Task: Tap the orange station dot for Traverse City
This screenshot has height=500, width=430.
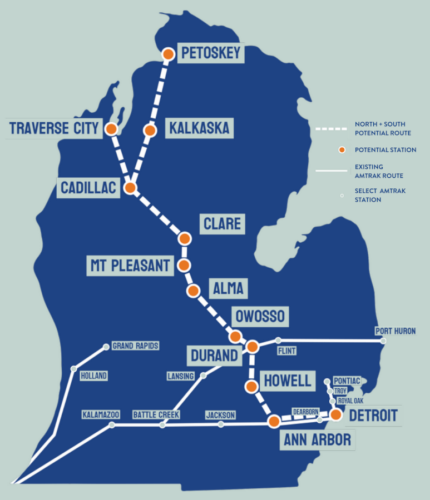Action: [x=111, y=129]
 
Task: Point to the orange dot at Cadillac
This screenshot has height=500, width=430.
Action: [x=130, y=188]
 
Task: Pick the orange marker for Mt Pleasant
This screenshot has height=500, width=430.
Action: [x=184, y=266]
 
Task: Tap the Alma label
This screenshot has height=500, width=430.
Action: [x=228, y=288]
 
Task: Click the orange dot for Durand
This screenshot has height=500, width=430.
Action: [x=252, y=347]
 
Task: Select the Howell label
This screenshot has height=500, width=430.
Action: [x=287, y=381]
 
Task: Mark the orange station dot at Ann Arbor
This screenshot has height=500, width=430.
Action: [x=274, y=422]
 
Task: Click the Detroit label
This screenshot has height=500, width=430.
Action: [x=373, y=415]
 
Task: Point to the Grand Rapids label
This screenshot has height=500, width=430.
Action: [x=135, y=346]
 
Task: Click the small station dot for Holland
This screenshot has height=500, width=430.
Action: [x=73, y=369]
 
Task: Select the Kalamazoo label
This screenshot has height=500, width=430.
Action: [x=101, y=414]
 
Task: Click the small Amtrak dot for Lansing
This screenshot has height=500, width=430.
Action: [x=203, y=376]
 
